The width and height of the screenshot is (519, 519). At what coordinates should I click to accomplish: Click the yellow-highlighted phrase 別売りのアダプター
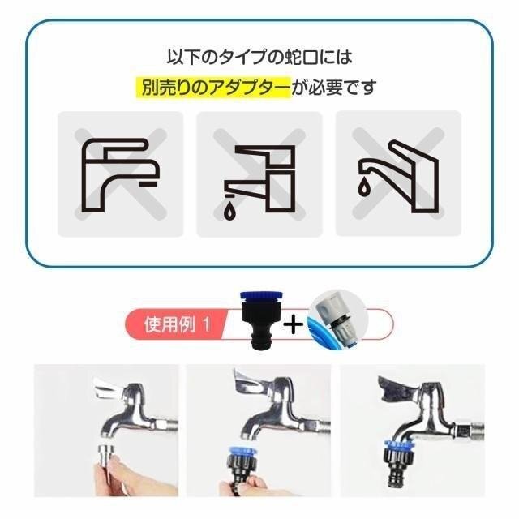pos(214,88)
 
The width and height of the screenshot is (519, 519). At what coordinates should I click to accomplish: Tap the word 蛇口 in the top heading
pos(301,57)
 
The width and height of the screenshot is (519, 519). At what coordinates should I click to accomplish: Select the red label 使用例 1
pos(177,324)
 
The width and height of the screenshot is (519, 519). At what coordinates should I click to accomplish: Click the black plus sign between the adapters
pos(294,324)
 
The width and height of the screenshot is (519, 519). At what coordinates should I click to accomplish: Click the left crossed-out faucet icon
pos(121,174)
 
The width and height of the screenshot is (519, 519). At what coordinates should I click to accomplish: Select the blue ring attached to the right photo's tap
pos(398,444)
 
